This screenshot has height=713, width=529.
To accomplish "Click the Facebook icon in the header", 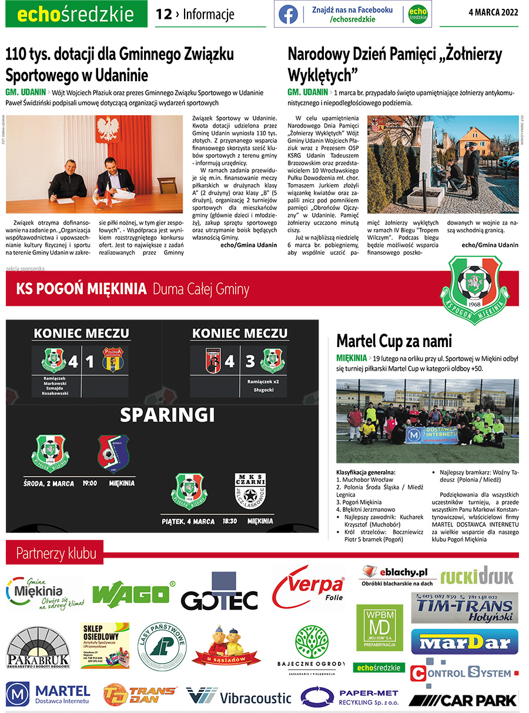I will point(288,14).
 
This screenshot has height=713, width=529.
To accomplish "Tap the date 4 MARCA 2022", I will point(494,14).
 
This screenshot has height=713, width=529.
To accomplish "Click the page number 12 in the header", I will point(163,14).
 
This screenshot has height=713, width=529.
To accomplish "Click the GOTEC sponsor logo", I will point(219,597).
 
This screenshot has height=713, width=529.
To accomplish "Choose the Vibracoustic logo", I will point(239,697).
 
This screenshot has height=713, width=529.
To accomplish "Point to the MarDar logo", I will point(464,641).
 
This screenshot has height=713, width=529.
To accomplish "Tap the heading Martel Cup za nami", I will point(394,341).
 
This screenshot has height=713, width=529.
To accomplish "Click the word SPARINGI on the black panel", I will point(168,415).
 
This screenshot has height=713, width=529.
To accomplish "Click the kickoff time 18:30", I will point(230,521).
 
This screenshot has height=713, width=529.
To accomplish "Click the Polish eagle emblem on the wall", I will point(106,128).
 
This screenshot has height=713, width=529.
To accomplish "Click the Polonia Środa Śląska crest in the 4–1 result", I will point(112,360).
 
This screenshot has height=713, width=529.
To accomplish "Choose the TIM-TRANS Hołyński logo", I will point(464,608).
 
